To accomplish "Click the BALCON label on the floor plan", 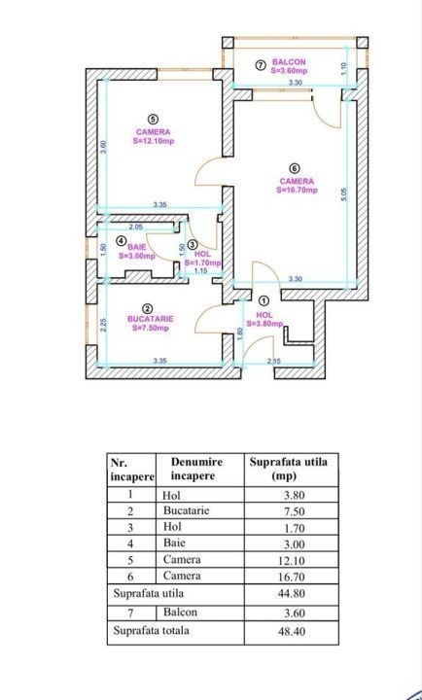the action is pos(289,62).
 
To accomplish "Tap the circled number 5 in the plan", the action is pos(154,120).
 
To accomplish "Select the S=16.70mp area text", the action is pos(297,190).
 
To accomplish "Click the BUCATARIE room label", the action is pos(150,319).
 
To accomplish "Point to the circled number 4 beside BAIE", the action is pos(121,241).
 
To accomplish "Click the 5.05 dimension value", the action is pos(344,193).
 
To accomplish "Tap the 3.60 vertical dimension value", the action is pos(102,147).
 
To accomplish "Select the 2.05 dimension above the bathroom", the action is pos(135,227).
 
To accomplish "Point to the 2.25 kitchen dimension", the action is pos(103,325).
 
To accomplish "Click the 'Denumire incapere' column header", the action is pos(196,469).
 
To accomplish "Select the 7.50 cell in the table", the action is pos(296,511).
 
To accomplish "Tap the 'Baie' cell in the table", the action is pos(174,542).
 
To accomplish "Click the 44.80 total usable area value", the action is pos(294,594).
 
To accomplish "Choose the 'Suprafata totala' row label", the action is pos(151,631).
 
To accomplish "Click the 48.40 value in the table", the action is pos(294,632).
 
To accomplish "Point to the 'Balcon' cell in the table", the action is pos(180,612).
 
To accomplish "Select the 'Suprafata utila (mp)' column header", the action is pos(288,469).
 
